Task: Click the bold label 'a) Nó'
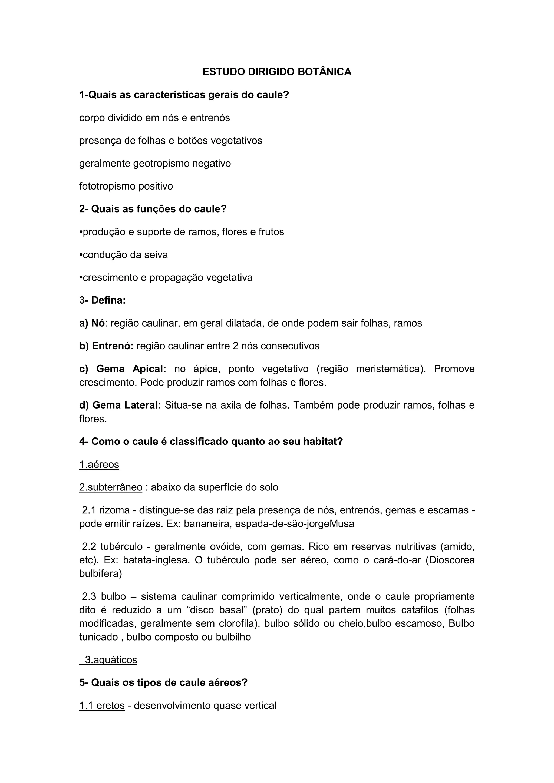[92, 323]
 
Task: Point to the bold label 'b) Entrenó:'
[106, 346]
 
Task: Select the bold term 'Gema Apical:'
[131, 369]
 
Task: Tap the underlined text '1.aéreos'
[99, 465]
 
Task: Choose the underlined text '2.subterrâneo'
[111, 488]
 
